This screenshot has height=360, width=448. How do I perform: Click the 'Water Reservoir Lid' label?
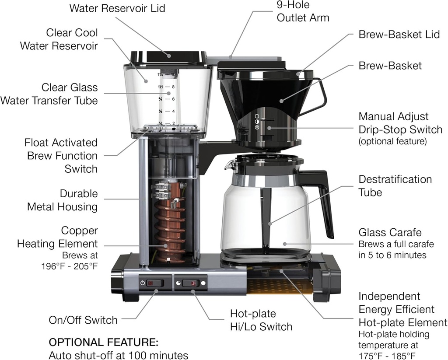point(117,8)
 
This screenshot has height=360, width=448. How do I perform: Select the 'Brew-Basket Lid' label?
point(399,35)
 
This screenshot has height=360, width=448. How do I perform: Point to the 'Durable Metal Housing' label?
point(62,200)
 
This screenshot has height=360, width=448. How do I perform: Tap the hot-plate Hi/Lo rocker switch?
point(191,283)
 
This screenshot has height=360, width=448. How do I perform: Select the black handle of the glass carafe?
point(324,197)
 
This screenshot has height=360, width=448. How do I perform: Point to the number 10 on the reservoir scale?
point(174,75)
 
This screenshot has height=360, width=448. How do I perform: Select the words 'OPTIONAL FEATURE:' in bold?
point(103,342)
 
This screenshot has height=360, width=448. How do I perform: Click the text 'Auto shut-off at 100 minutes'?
point(118,355)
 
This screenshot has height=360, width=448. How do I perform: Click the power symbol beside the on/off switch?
point(143,283)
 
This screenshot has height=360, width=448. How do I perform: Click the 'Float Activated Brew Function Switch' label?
point(61,155)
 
